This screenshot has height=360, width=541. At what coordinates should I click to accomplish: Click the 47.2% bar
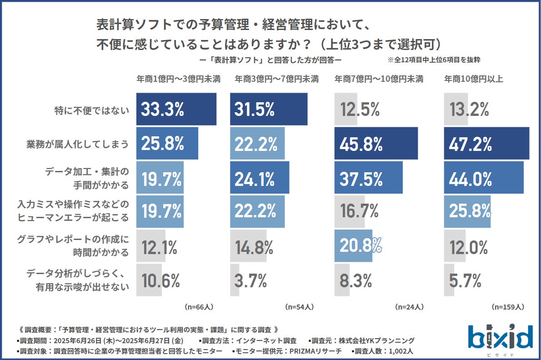(486, 144)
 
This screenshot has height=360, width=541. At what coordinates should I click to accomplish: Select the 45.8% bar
(376, 144)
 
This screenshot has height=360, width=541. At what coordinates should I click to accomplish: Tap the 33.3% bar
(176, 109)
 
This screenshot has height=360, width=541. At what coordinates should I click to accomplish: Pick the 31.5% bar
(268, 109)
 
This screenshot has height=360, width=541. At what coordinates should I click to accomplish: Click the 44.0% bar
(484, 177)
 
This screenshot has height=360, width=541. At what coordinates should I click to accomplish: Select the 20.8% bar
(353, 246)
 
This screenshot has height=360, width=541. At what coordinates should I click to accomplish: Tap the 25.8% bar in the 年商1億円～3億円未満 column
(167, 144)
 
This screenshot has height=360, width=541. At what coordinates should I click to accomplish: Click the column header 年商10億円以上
(474, 79)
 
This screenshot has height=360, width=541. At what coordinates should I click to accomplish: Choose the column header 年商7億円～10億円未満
(379, 79)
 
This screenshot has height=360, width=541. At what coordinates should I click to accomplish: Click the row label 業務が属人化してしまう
(76, 144)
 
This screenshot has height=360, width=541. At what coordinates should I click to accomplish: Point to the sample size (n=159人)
(508, 307)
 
